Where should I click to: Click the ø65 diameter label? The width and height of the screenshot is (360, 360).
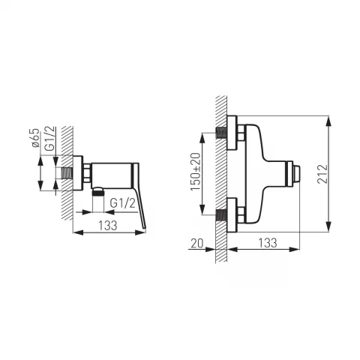pyautogui.click(x=36, y=138)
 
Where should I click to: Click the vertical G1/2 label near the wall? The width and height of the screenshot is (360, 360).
pyautogui.click(x=50, y=139)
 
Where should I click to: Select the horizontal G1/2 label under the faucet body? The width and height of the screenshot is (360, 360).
pyautogui.click(x=123, y=203)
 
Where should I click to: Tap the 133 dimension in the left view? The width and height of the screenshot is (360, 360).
pyautogui.click(x=108, y=226)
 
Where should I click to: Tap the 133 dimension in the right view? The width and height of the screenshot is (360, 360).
pyautogui.click(x=268, y=243)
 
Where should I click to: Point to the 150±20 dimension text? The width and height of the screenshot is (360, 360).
pyautogui.click(x=196, y=172)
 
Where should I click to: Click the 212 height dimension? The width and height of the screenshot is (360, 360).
pyautogui.click(x=322, y=174)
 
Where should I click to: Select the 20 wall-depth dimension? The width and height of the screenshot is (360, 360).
pyautogui.click(x=197, y=243)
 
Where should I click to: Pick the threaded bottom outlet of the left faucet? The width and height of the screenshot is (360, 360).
pyautogui.click(x=98, y=193)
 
